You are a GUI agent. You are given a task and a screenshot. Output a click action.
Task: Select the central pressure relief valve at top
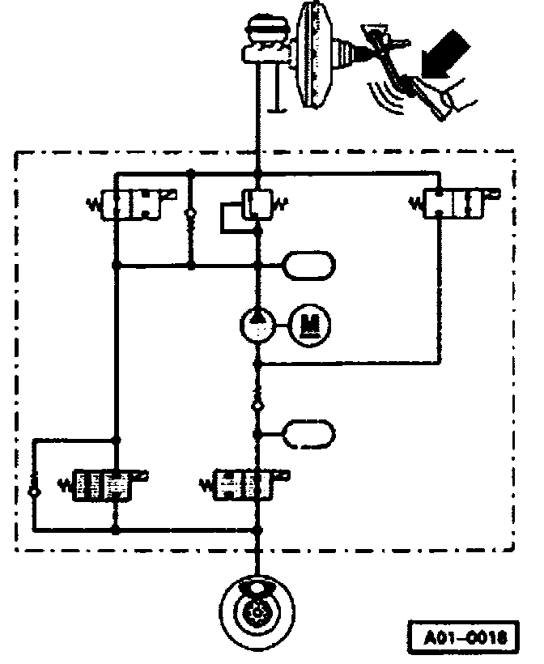(x=259, y=202)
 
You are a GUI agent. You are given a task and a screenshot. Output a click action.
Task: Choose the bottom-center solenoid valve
(x=245, y=484)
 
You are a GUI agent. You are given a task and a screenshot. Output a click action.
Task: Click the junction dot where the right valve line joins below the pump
(x=257, y=365)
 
